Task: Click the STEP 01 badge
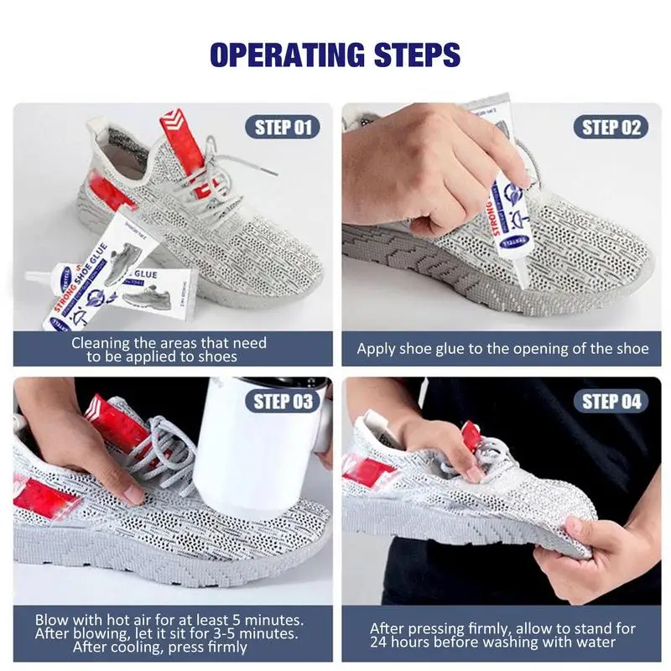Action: tap(283, 127)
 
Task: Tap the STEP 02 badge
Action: tap(611, 127)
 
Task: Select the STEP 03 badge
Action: tap(283, 400)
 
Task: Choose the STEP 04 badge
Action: tap(611, 400)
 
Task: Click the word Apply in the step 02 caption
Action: tap(375, 349)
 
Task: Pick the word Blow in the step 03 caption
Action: tap(51, 620)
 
